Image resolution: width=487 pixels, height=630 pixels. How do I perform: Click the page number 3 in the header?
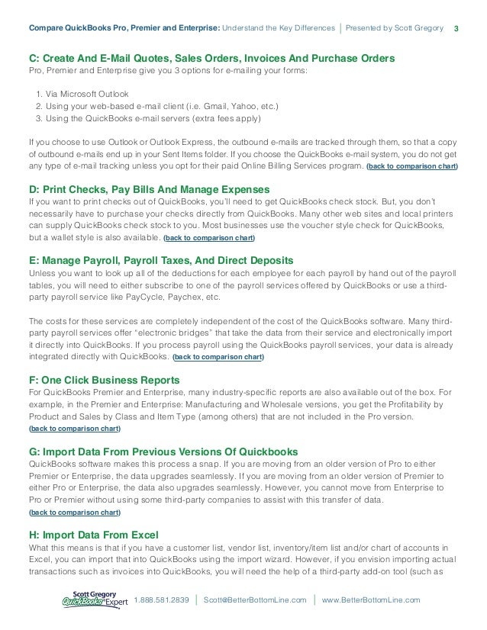click(x=456, y=29)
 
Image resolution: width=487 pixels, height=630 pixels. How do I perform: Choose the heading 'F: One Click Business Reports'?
click(x=104, y=379)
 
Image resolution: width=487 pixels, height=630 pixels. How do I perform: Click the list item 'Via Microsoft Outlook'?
click(x=86, y=92)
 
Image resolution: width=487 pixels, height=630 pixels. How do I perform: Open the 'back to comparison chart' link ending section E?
click(x=219, y=357)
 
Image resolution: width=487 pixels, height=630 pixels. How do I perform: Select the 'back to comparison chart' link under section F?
click(x=74, y=429)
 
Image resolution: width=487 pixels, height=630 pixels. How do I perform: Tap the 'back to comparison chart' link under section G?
click(x=74, y=513)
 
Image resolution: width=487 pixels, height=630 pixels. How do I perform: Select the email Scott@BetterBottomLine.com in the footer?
click(x=255, y=600)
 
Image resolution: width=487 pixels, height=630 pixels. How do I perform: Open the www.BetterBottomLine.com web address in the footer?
click(x=371, y=600)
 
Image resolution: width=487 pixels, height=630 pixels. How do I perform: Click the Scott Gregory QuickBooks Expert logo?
click(x=95, y=599)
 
